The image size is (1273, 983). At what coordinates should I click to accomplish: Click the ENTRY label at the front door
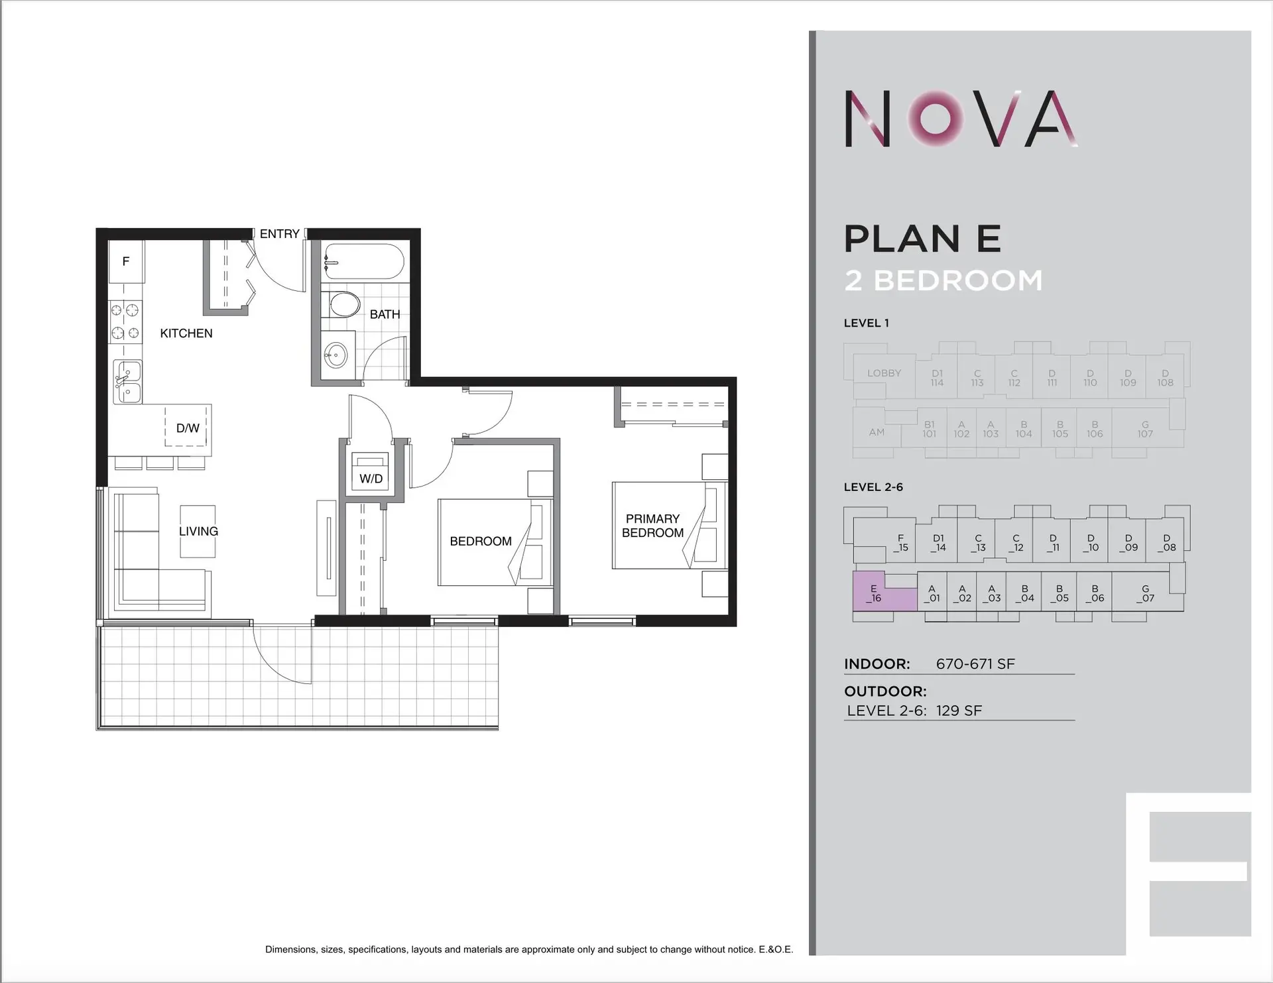pos(279,234)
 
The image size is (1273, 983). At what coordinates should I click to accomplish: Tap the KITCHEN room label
pos(186,333)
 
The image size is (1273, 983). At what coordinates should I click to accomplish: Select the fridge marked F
pos(126,262)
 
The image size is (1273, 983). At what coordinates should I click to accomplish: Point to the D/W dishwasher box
pos(187,428)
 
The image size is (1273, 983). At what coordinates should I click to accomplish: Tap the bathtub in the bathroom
pos(363,262)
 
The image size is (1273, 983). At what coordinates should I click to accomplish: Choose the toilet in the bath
pos(343,305)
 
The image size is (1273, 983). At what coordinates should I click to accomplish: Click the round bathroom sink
pos(336,356)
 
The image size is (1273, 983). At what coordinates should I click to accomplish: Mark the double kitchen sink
pos(127,382)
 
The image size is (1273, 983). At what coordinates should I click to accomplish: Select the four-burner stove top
pos(125,321)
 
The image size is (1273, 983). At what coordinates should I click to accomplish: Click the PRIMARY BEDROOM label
pos(653,526)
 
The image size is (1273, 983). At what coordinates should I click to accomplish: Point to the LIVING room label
pos(198,532)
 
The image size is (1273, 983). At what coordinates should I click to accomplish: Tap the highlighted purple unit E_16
pos(875,594)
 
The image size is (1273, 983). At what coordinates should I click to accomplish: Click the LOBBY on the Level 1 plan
pos(884,373)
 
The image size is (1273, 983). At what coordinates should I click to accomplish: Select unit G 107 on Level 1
pos(1145,430)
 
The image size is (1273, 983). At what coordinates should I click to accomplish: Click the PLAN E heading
pos(922,239)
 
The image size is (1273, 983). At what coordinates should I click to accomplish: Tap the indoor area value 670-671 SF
pos(975,664)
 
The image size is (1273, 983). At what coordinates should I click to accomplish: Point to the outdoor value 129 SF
pos(959,711)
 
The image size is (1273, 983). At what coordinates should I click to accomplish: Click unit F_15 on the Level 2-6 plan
pos(900,543)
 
